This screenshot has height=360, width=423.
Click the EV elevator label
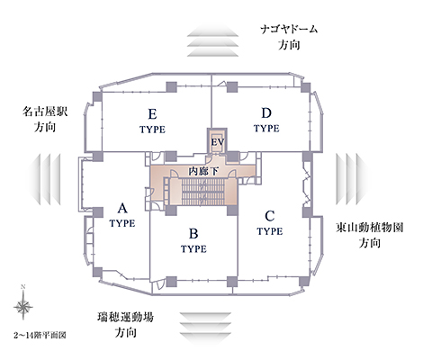[218, 141]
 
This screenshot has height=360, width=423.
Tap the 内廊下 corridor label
[203, 171]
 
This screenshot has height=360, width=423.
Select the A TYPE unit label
[122, 215]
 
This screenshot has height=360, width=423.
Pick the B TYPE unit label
[193, 240]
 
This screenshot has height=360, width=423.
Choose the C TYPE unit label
[270, 223]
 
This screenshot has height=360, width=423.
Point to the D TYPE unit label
[266, 120]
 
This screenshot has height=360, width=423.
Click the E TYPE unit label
[152, 121]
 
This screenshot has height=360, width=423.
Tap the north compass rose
[23, 307]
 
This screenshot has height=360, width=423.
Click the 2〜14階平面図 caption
[40, 335]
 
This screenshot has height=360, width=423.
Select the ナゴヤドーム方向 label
[289, 37]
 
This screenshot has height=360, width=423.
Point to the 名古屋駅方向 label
[45, 120]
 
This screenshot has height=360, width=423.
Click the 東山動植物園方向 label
[370, 235]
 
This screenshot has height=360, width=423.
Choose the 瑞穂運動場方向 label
[125, 325]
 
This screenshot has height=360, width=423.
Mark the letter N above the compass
[22, 287]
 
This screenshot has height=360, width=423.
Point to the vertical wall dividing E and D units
[211, 101]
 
